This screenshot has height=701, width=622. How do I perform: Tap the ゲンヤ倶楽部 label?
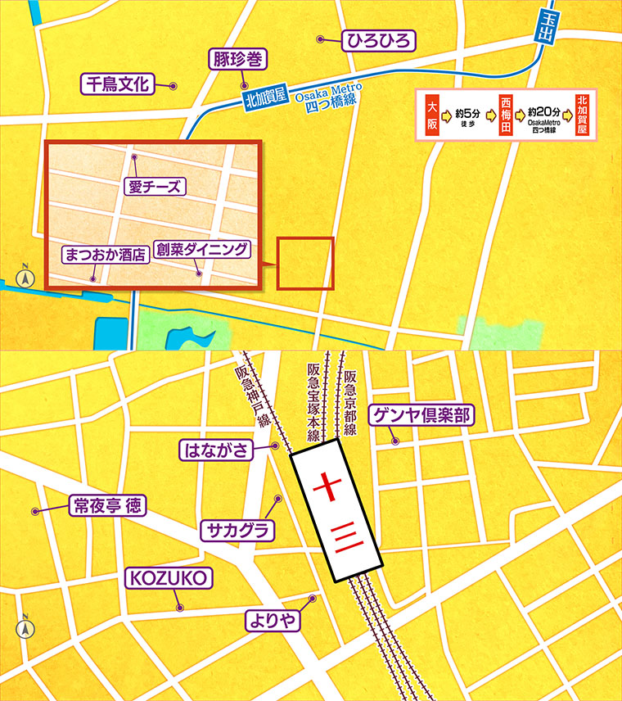point(421,416)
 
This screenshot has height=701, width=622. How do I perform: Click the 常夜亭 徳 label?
point(105,506)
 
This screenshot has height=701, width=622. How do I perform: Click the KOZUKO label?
point(169,579)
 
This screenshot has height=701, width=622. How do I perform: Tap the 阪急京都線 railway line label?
point(350,401)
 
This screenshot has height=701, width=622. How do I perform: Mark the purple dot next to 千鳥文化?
point(173,85)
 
